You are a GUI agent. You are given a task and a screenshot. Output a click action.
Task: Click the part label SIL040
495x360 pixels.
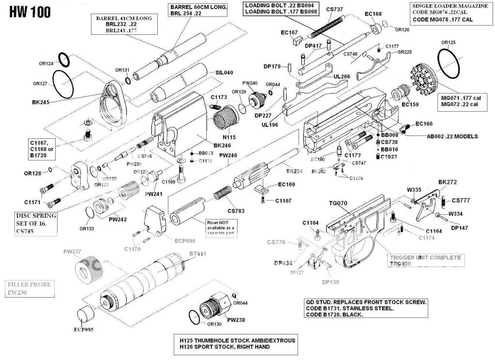tap(224, 73)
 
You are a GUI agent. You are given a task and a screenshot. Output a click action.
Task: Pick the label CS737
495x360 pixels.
tap(335, 9)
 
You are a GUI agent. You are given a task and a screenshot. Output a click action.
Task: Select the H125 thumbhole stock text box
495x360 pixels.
tap(237, 344)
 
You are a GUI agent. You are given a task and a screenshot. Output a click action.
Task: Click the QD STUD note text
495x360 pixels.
tap(366, 308)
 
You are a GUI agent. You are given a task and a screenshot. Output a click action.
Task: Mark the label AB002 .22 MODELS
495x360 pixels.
tap(452, 136)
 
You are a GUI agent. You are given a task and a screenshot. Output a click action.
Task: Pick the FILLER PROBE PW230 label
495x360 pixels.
tap(29, 289)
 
